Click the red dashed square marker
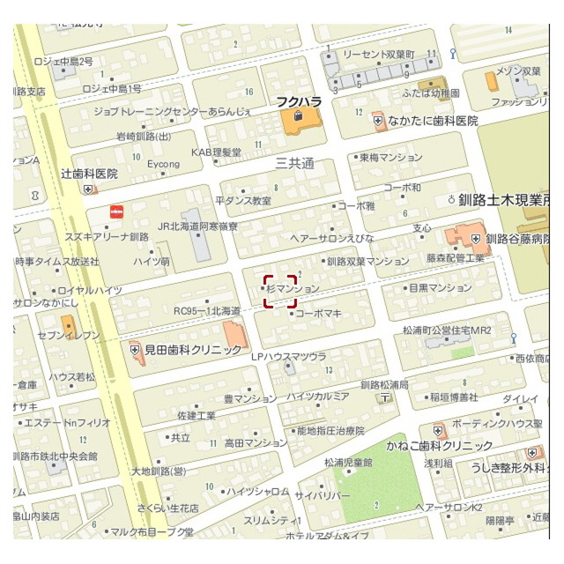pos(279,291)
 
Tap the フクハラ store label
pos(297,101)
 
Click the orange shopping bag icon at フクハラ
pos(298,115)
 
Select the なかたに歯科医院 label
pos(431,120)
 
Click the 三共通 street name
pos(294,164)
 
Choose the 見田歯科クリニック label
pos(192,350)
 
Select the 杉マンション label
pos(292,288)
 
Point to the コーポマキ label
pos(318,313)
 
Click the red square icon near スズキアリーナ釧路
pos(115,211)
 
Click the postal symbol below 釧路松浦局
pos(384,398)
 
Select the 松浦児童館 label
pos(348,462)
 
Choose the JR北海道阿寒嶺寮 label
pos(198,226)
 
